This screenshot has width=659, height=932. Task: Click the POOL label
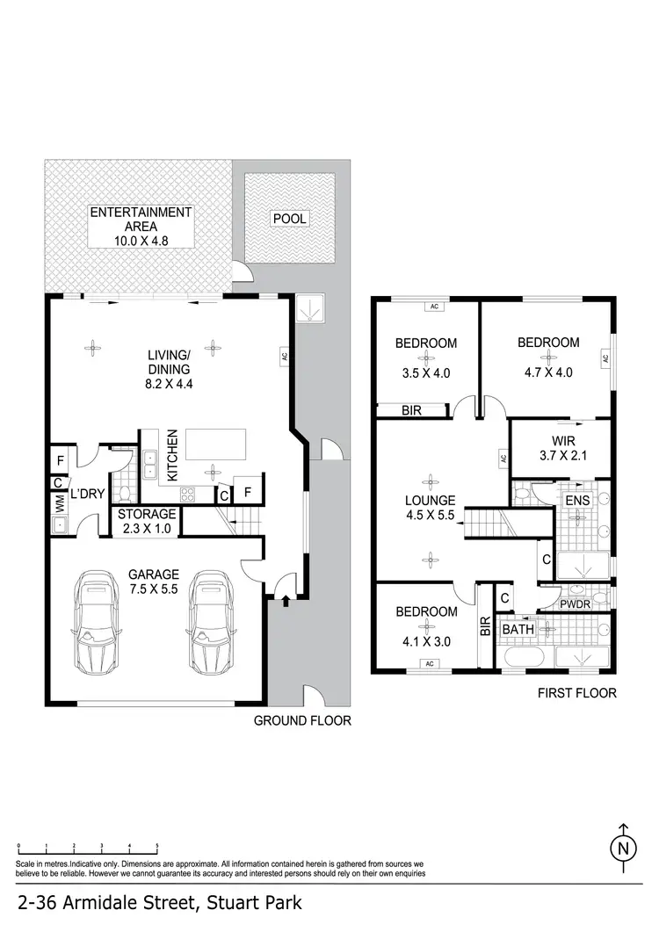289,218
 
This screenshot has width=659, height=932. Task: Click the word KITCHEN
173,454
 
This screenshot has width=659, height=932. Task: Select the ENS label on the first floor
576,501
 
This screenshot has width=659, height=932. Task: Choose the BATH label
517,629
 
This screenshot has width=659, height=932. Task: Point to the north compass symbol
623,847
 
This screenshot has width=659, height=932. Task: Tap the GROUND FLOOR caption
302,721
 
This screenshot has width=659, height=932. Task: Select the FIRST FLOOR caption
576,693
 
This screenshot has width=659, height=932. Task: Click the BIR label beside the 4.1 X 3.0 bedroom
485,625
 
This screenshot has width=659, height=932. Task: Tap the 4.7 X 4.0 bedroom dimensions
547,372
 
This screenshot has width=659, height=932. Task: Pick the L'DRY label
89,495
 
